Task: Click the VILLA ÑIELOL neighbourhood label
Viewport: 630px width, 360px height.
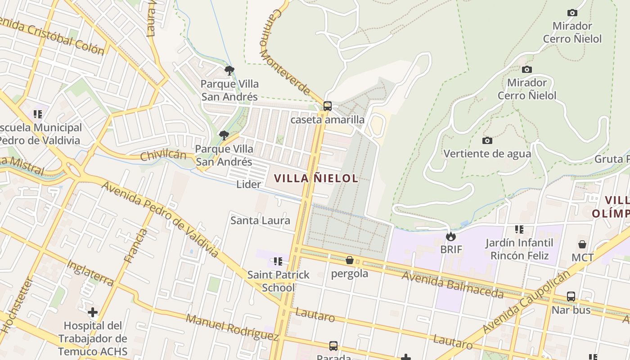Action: click(316, 178)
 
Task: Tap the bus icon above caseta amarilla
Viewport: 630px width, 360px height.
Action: click(328, 106)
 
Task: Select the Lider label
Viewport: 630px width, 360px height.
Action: click(248, 184)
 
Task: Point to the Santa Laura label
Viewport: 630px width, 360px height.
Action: click(260, 220)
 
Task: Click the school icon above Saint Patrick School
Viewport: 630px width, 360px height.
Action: click(278, 261)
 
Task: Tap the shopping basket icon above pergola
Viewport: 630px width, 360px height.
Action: click(350, 260)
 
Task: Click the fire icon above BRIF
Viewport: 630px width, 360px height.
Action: click(451, 236)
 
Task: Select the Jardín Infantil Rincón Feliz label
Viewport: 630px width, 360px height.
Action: click(519, 249)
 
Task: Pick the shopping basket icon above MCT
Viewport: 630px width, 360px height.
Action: click(582, 244)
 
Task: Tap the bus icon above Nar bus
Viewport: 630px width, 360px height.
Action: click(571, 297)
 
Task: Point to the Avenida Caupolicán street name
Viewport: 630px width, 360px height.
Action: click(526, 303)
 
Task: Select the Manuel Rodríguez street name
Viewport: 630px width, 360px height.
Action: click(232, 327)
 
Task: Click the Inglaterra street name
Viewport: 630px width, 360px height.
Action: click(90, 273)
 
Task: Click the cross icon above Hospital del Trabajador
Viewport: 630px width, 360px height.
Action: click(93, 312)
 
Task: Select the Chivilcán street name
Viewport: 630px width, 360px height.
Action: click(163, 156)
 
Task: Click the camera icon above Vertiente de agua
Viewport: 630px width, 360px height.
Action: click(487, 141)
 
